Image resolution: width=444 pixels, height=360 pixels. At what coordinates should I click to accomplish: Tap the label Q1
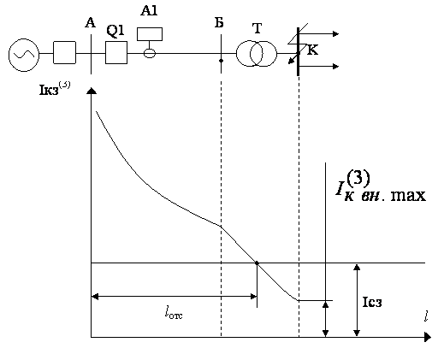[x=115, y=31]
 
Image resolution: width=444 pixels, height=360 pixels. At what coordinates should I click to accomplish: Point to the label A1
[x=149, y=10]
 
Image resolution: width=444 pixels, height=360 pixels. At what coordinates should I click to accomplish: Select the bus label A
[x=90, y=22]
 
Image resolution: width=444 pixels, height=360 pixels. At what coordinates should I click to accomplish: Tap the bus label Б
[x=219, y=23]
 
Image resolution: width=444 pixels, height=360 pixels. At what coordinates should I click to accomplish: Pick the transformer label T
[x=257, y=28]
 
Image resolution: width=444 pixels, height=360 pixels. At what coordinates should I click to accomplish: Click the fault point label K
[x=312, y=50]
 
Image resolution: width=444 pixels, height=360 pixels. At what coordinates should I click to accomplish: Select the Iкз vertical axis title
[x=55, y=89]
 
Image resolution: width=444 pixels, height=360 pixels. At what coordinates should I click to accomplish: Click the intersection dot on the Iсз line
[x=257, y=263]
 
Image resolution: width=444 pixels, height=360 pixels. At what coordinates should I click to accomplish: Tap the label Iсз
[x=372, y=302]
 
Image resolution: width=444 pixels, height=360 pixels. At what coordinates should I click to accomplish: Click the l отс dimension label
[x=174, y=312]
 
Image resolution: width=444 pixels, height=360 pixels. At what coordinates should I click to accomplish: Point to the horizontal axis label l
[x=426, y=316]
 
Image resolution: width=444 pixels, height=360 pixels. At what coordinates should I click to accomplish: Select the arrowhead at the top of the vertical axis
[x=91, y=91]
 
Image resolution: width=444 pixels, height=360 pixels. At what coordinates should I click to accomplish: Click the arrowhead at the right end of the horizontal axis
[x=428, y=337]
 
